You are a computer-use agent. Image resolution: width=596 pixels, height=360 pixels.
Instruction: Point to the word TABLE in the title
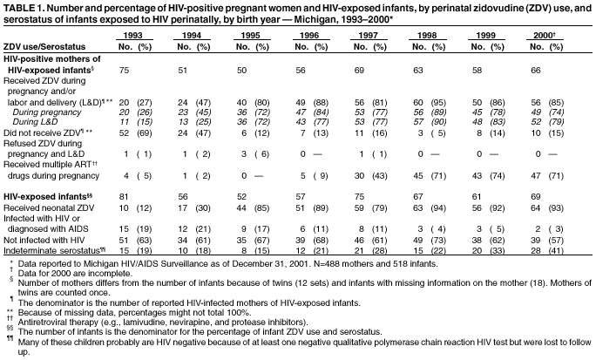(x=18, y=7)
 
